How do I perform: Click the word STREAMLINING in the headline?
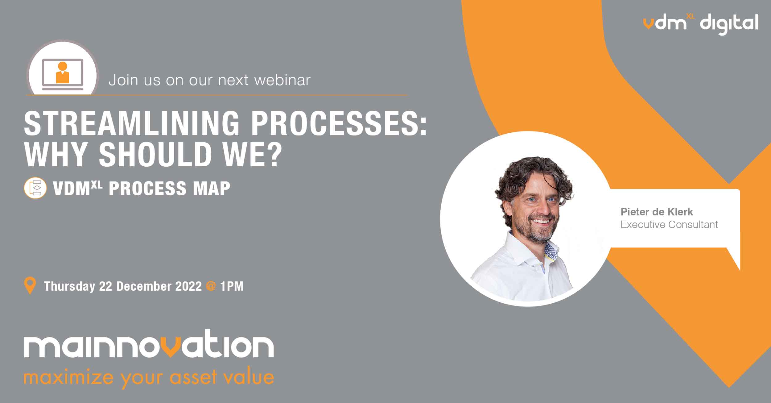pyautogui.click(x=132, y=123)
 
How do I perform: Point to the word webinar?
pyautogui.click(x=282, y=80)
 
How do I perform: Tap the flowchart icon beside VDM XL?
pyautogui.click(x=35, y=188)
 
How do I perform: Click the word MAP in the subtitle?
pyautogui.click(x=212, y=188)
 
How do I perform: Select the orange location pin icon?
pyautogui.click(x=30, y=286)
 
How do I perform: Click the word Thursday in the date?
pyautogui.click(x=69, y=286)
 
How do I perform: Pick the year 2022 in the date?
pyautogui.click(x=188, y=286)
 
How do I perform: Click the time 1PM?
pyautogui.click(x=232, y=286)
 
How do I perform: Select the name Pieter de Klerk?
pyautogui.click(x=657, y=212)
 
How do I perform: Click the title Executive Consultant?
pyautogui.click(x=669, y=224)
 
